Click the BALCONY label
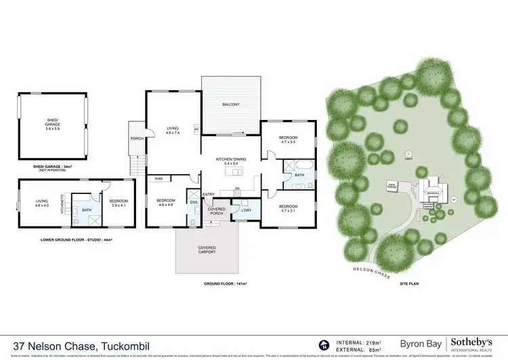[230, 104]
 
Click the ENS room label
[193, 201]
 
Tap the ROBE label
[158, 178]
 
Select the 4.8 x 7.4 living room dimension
[171, 133]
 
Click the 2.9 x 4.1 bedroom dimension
[119, 205]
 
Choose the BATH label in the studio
[86, 210]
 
